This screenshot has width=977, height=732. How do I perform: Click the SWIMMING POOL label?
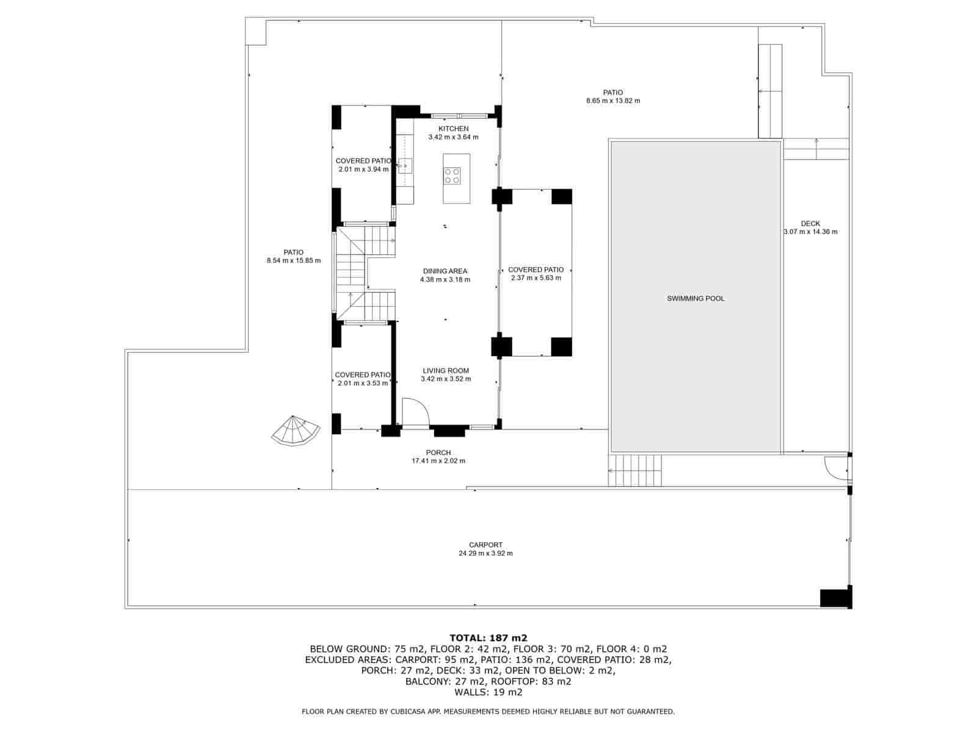696,299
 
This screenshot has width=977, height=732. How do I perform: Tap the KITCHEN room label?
453,129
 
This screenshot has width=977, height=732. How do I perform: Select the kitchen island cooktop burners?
452,175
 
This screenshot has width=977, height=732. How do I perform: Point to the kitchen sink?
405,165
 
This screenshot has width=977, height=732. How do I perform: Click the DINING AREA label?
445,271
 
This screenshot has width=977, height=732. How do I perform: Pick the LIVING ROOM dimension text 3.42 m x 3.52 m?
446,379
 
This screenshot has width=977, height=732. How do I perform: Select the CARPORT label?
485,545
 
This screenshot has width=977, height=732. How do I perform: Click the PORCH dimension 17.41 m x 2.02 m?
438,461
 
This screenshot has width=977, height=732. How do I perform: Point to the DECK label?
810,223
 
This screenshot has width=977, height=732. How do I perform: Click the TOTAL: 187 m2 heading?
488,638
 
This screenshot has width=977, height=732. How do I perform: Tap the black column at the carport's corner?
835,597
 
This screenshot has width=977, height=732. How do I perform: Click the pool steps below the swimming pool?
634,470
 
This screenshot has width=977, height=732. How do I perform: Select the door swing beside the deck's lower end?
836,468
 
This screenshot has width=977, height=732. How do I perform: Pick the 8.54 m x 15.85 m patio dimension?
294,260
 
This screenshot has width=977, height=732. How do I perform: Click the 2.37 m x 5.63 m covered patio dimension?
536,278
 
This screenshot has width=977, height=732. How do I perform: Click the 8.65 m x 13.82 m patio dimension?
613,101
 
